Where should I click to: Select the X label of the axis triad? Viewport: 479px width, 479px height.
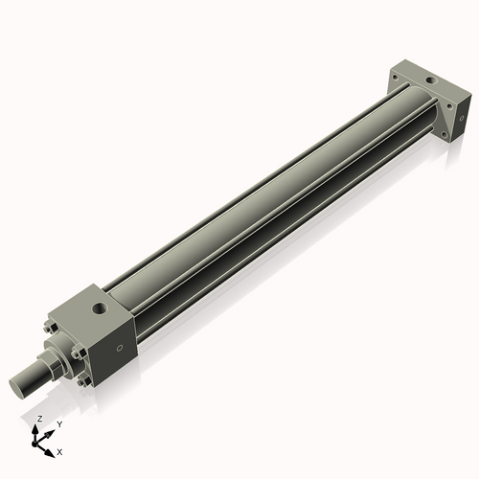[59, 450]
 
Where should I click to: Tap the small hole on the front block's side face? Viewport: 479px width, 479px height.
[120, 349]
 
